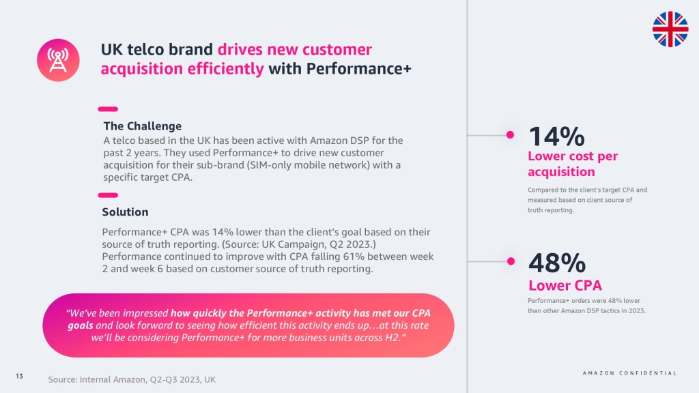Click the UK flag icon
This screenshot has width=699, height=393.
click(670, 29)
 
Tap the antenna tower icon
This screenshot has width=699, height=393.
click(59, 60)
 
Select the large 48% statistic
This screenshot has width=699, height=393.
click(557, 263)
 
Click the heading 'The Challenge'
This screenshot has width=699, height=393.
click(142, 126)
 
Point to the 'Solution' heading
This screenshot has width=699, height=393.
click(125, 212)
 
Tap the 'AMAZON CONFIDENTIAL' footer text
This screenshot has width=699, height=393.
click(629, 373)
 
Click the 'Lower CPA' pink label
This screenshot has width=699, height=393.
click(565, 285)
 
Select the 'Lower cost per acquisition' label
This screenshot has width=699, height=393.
click(572, 164)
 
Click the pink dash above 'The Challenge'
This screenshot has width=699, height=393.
click(108, 108)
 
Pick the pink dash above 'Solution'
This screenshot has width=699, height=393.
click(108, 195)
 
